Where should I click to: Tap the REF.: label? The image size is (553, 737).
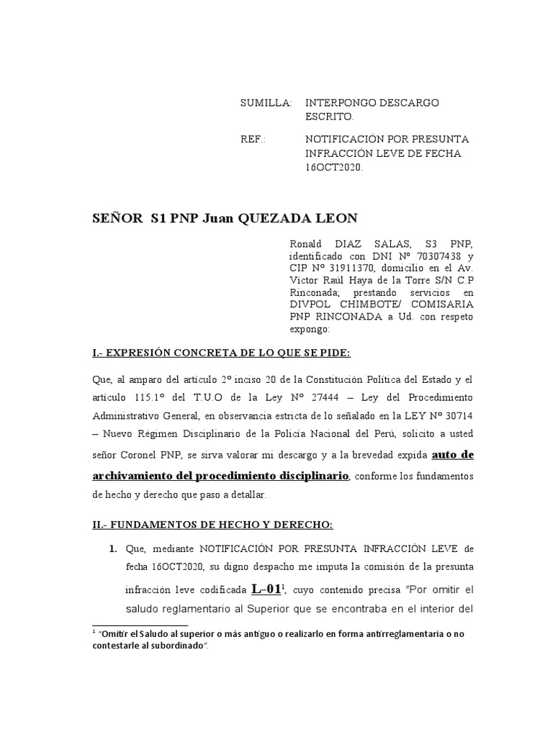(253, 138)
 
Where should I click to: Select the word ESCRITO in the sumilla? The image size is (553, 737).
(329, 116)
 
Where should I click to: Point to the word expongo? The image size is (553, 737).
(310, 329)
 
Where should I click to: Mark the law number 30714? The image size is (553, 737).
(454, 417)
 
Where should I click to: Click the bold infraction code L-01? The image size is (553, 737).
(265, 589)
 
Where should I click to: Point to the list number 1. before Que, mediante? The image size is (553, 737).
(113, 549)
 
